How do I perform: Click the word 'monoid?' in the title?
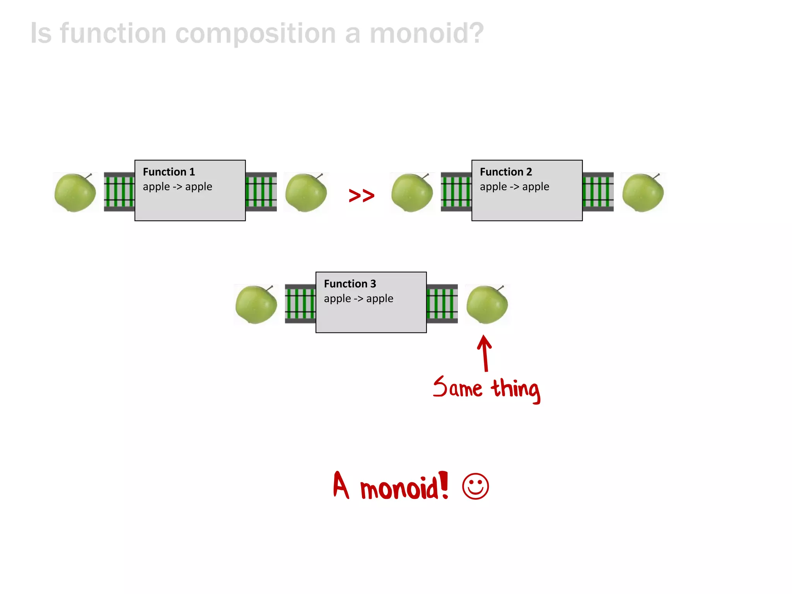[x=427, y=33]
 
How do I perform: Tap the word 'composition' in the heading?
[x=256, y=33]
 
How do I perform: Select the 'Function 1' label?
[x=169, y=172]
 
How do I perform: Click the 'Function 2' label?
[x=506, y=172]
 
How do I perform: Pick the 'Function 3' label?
[x=350, y=284]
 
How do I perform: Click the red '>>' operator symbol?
[x=362, y=195]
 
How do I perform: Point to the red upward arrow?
[x=485, y=353]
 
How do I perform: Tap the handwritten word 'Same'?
[x=458, y=387]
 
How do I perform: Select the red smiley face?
[x=475, y=486]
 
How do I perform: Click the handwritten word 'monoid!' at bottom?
[x=404, y=487]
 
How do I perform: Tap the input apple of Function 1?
[x=75, y=192]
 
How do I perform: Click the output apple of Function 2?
[x=643, y=192]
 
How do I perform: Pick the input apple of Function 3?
[x=256, y=304]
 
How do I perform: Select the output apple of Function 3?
[x=487, y=304]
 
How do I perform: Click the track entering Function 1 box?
[x=119, y=192]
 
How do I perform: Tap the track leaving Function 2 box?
[x=598, y=192]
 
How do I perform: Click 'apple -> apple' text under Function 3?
[x=358, y=299]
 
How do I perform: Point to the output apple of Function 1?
[x=306, y=192]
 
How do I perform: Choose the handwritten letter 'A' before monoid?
[x=341, y=485]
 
